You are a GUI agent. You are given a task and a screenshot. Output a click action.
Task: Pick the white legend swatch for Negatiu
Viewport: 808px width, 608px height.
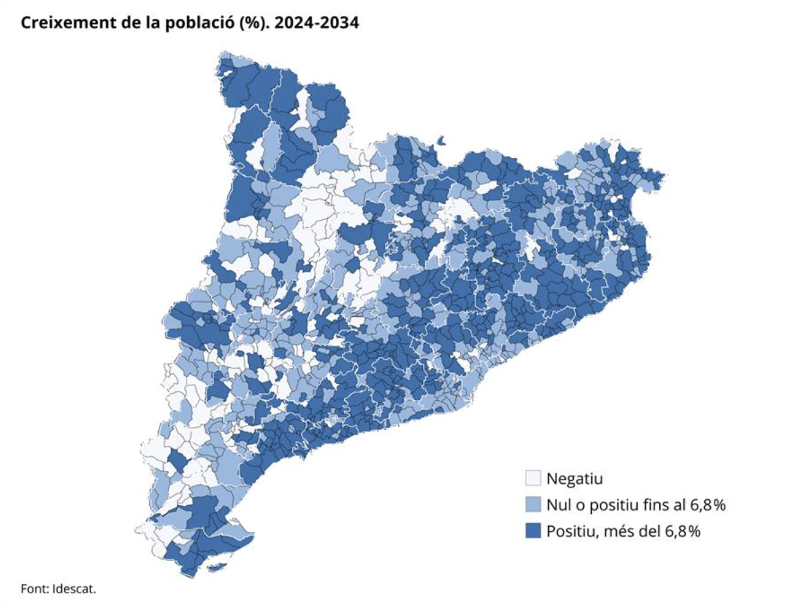point(533,478)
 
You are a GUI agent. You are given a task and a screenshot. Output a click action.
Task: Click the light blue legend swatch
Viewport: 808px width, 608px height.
point(533,504)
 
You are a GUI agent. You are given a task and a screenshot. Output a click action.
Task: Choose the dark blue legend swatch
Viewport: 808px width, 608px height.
point(533,531)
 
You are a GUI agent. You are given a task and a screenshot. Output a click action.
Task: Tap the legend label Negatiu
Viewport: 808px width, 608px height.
point(574,479)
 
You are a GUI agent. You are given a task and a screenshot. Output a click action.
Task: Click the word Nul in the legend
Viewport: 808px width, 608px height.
point(558,505)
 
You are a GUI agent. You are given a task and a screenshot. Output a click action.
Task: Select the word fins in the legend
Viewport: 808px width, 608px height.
point(649,505)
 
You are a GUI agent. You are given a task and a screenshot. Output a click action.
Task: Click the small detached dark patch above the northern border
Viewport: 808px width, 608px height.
point(442,141)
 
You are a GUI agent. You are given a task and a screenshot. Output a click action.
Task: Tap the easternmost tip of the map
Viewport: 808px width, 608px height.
point(664,176)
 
